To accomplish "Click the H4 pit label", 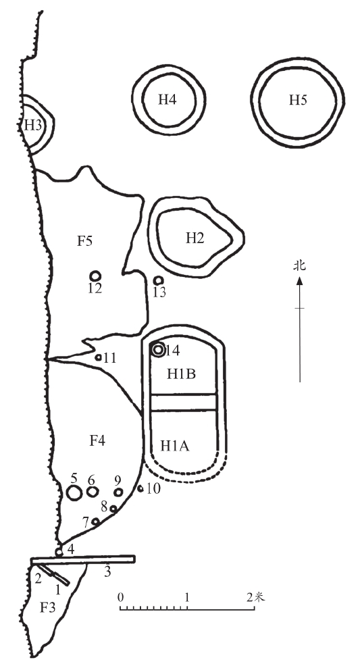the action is pos(168,100).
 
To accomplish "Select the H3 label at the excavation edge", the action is pos(32,125).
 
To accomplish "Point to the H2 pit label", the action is pos(195,238).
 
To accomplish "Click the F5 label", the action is pos(84,241).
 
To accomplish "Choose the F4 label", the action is pos(97,441).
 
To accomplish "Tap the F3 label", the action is pos(47,608).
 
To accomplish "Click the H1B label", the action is pos(181,374).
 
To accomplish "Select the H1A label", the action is pos(175,446).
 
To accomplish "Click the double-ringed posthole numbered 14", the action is pos(158,350).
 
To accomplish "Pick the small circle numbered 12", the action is pos(95,276).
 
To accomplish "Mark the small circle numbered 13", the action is pos(159,280).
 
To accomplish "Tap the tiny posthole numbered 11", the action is pos(98,357).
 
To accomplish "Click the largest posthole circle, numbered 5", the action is pos(74,493).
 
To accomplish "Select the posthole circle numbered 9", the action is pos(119,492).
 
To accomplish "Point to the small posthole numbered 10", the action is pos(140,488).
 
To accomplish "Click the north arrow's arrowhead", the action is pos(299,280).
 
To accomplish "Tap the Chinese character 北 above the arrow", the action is pos(299,266).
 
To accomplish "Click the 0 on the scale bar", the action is pos(121,598).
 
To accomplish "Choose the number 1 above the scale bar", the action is pos(187,598).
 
